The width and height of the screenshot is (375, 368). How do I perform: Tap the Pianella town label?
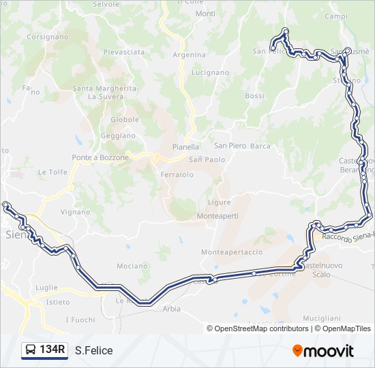[185, 147]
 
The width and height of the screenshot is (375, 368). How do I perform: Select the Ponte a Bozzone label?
[101, 157]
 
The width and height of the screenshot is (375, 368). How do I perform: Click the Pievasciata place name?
[124, 52]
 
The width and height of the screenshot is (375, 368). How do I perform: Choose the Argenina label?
[189, 55]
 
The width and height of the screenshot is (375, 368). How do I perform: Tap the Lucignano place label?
[210, 72]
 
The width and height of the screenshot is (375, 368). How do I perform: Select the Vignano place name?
[75, 212]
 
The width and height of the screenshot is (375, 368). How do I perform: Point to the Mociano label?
[132, 266]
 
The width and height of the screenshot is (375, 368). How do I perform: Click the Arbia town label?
[172, 308]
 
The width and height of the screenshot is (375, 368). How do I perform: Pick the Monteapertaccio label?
[232, 252]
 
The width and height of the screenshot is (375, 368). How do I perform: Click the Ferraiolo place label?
[177, 174]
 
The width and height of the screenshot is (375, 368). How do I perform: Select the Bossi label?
[254, 96]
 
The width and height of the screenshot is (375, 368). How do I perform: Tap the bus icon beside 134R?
[30, 351]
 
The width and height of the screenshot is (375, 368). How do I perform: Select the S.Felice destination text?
[94, 351]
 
